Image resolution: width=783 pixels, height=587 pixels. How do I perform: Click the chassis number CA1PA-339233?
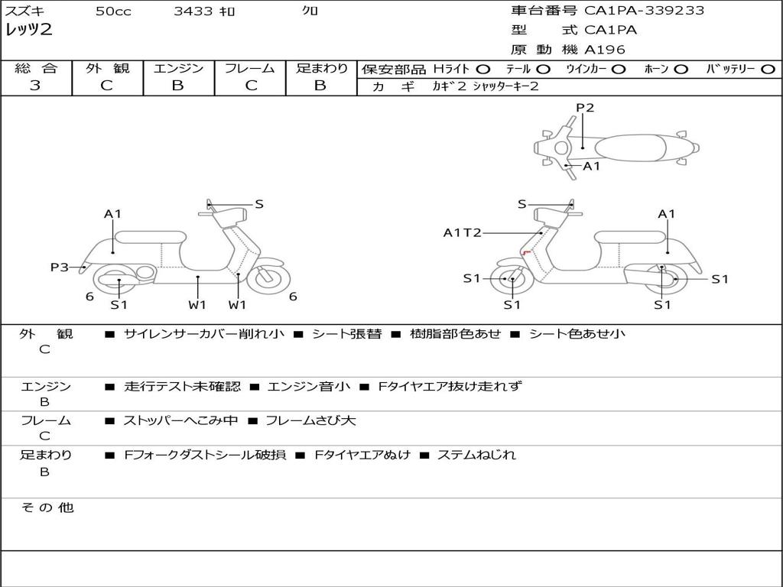(644, 11)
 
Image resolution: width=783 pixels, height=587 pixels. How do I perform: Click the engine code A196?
(604, 50)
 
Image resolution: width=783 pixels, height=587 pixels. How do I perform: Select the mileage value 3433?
(193, 11)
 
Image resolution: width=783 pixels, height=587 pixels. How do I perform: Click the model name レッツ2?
(29, 31)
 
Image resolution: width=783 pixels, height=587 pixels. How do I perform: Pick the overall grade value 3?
(35, 86)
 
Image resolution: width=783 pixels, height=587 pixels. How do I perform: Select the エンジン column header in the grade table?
(178, 68)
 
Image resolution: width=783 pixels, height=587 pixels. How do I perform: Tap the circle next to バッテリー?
(768, 70)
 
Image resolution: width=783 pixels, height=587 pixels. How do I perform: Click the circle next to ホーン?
(681, 70)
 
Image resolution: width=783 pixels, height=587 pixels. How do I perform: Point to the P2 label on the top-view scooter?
(585, 108)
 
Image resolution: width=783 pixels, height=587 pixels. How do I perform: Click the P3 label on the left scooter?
(60, 267)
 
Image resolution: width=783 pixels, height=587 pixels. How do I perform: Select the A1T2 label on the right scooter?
(462, 232)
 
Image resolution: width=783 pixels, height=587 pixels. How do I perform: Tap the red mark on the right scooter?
(525, 252)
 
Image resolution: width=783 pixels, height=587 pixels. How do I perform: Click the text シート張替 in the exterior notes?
(346, 333)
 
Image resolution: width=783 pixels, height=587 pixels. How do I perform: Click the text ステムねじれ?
(476, 455)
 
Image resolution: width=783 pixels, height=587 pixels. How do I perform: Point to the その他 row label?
(47, 508)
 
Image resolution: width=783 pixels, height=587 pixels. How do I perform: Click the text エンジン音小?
(309, 387)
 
